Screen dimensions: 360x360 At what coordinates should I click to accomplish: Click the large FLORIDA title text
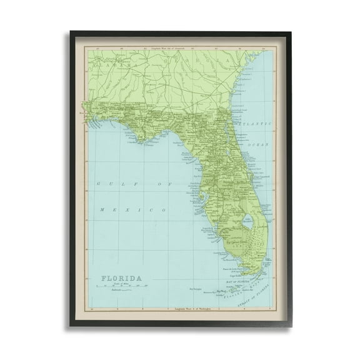pos(118,277)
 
